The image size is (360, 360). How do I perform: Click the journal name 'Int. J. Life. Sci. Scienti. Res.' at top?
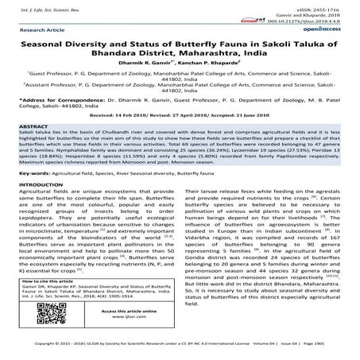coord(35,5)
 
